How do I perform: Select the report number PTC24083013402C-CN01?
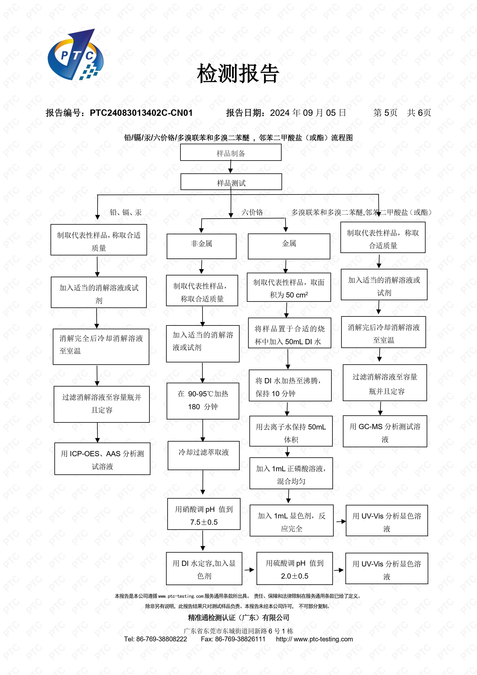click(141, 113)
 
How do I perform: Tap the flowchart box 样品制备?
click(231, 153)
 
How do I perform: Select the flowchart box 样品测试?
click(231, 182)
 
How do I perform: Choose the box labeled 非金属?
click(201, 246)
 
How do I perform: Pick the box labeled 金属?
click(289, 246)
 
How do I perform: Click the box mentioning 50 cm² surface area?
click(289, 287)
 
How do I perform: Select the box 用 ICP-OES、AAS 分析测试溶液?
click(102, 459)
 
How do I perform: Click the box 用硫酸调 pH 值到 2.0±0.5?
click(295, 568)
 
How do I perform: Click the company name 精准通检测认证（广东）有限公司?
click(238, 617)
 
